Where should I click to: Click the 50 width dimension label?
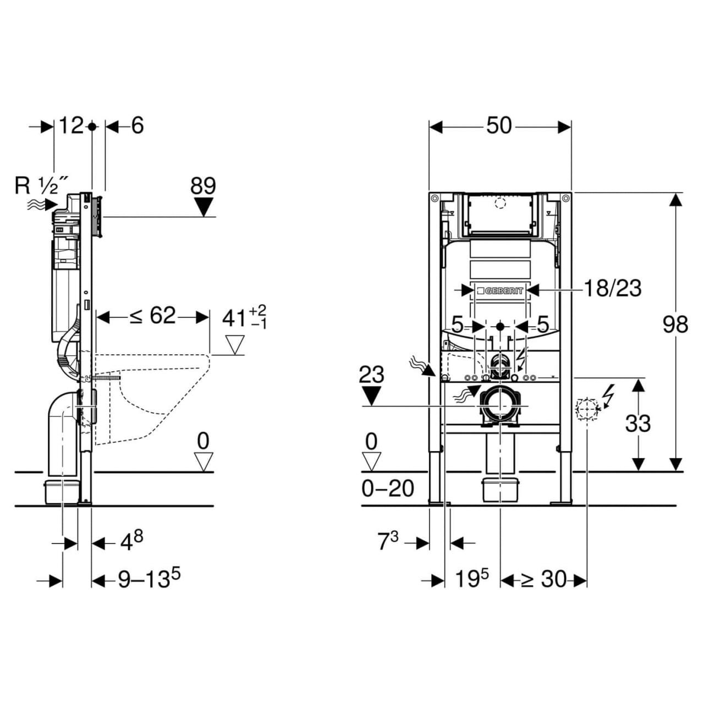499,126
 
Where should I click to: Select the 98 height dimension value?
675,324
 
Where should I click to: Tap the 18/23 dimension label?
612,288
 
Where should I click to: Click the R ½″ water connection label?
42,186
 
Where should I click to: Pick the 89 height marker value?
203,186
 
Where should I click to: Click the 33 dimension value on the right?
638,424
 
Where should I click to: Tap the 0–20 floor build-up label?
388,488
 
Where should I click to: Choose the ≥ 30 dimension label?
543,579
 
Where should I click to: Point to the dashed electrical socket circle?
586,410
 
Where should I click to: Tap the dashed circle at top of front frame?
499,204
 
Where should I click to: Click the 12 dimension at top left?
71,126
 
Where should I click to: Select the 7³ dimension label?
388,542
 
